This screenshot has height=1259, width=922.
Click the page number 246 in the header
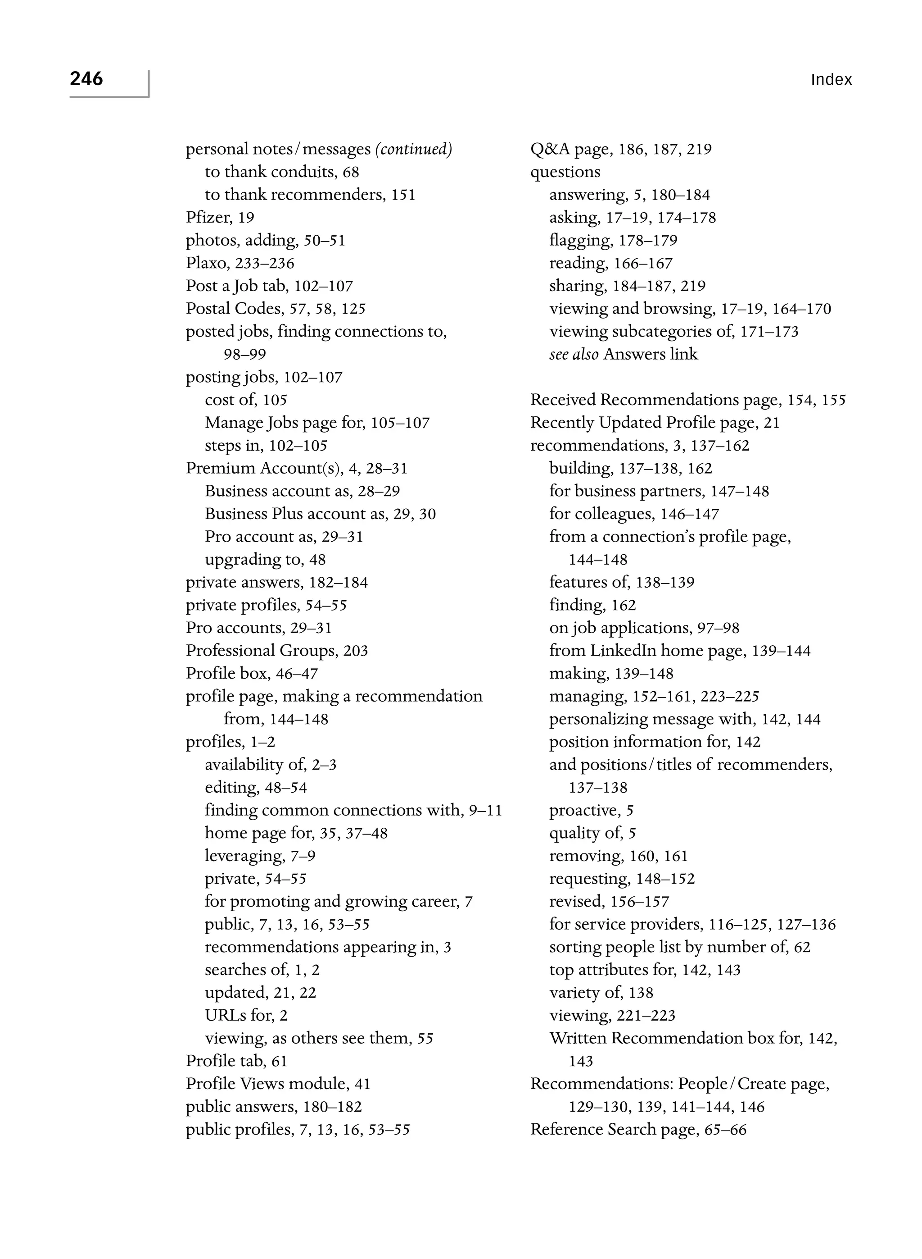point(86,79)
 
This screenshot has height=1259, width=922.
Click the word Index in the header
point(831,80)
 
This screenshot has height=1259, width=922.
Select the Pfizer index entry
point(220,217)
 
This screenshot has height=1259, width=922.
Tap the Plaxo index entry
point(240,263)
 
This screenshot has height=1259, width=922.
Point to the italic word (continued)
point(414,149)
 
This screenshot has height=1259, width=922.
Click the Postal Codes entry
point(276,309)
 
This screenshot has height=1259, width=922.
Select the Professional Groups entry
point(277,651)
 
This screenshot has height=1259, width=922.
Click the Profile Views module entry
point(278,1084)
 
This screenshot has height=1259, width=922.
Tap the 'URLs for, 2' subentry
point(246,1016)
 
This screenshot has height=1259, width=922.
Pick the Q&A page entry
point(621,149)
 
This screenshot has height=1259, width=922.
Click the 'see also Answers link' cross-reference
point(624,354)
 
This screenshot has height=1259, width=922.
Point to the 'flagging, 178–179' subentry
point(613,240)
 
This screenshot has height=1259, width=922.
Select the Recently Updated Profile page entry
point(655,423)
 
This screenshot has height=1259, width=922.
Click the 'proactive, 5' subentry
point(591,811)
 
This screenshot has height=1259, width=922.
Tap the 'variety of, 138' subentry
point(601,993)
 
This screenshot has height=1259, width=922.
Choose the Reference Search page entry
point(638,1129)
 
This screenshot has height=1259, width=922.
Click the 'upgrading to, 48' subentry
point(265,560)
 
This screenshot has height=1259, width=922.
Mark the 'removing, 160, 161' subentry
point(619,856)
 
